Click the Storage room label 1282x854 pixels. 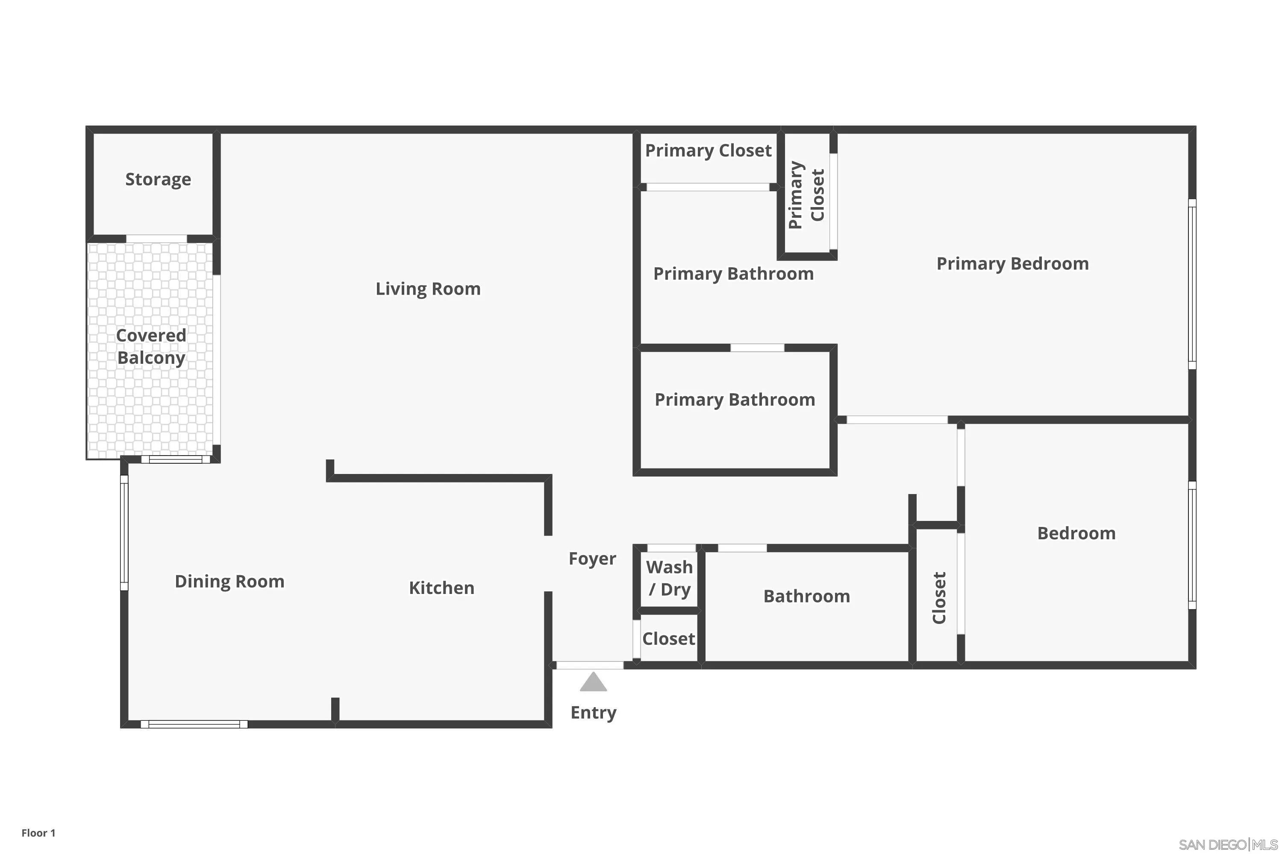(158, 179)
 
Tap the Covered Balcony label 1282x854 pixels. (151, 346)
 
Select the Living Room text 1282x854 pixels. (428, 289)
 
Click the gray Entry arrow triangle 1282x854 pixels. (593, 682)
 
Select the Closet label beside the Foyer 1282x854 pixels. (668, 638)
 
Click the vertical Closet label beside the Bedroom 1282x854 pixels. (938, 597)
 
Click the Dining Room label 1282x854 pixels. (229, 581)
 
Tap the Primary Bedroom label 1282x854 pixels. (1012, 263)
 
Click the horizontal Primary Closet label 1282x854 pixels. (708, 150)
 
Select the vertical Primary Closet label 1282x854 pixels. (807, 195)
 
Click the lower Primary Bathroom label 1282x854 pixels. (735, 400)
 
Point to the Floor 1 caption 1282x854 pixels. (38, 833)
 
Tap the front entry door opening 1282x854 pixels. (590, 665)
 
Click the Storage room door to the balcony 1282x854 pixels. (156, 239)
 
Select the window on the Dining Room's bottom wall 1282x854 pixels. (194, 724)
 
